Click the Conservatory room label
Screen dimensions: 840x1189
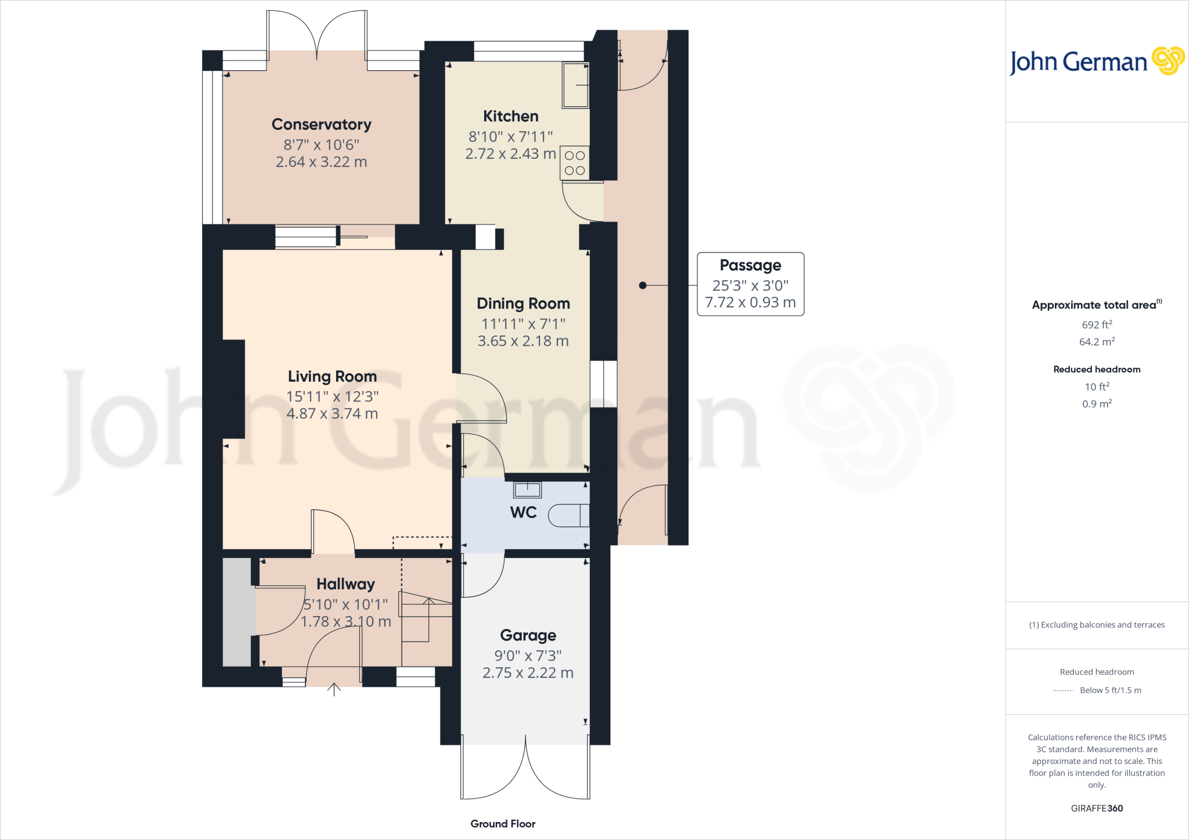(321, 124)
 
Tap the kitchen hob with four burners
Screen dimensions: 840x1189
(574, 163)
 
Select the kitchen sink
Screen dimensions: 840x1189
(575, 85)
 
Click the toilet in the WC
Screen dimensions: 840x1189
(568, 515)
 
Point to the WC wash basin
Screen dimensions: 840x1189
(527, 490)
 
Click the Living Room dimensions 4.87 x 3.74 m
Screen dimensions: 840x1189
(332, 414)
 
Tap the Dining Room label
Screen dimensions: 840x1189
(523, 303)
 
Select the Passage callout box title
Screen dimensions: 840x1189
(750, 265)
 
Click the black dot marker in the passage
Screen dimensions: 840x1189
(642, 285)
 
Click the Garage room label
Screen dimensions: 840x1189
(528, 635)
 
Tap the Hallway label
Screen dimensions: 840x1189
(345, 584)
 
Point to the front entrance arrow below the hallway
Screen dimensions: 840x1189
(334, 690)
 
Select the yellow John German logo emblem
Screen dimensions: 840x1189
(1168, 61)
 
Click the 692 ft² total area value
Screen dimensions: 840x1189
(1097, 325)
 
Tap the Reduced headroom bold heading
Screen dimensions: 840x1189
(1097, 369)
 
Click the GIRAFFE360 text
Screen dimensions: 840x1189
(1097, 808)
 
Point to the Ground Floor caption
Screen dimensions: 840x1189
(503, 824)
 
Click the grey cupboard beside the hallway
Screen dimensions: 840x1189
(237, 612)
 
